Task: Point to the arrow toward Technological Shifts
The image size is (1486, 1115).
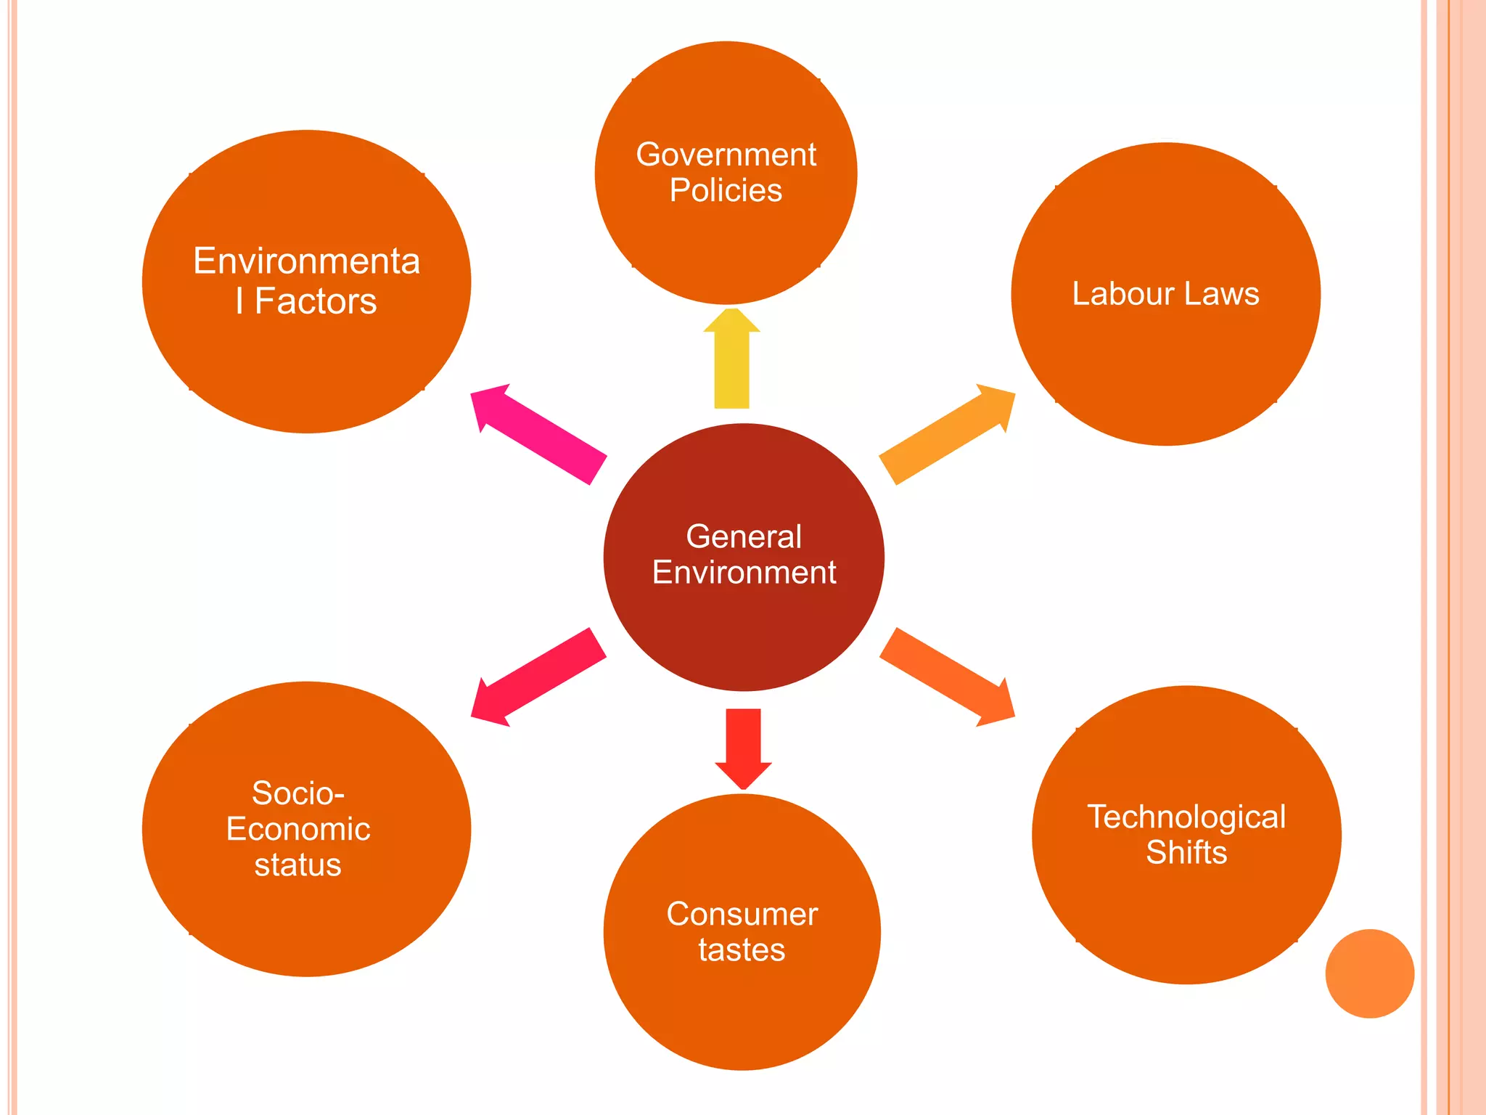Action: coord(948,677)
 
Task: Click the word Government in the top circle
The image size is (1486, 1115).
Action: coord(726,155)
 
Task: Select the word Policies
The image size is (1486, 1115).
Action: coord(726,190)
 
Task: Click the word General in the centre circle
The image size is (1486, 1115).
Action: coord(744,537)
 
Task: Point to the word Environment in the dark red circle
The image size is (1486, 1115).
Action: coord(744,573)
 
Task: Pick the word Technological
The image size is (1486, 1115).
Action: coord(1186,817)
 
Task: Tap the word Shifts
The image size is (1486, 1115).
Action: coord(1186,853)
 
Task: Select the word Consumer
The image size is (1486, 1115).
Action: coord(742,915)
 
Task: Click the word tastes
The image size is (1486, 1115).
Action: coord(742,950)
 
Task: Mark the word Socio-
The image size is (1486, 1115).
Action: coord(297,793)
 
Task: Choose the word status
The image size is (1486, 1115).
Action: coord(297,865)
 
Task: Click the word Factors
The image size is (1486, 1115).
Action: coord(316,301)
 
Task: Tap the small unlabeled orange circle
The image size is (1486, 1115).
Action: coord(1369,973)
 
